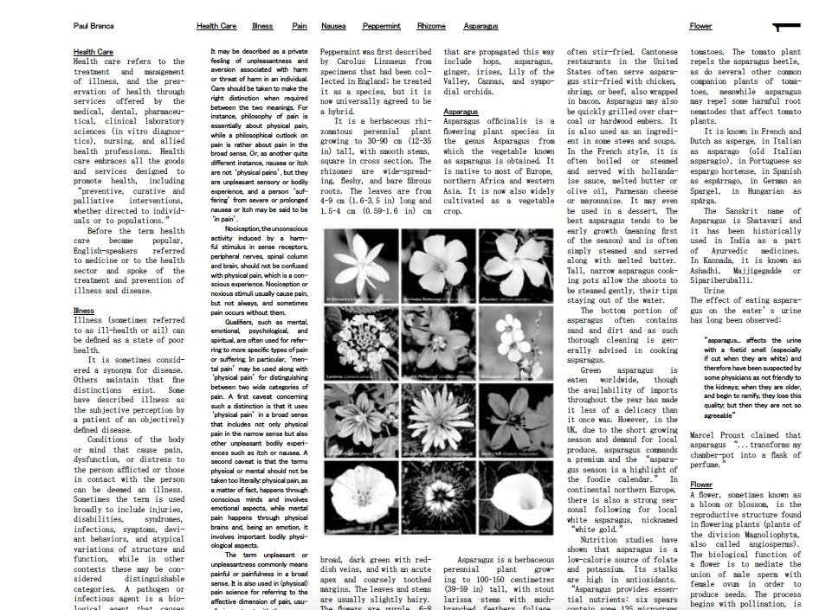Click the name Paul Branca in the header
[93, 27]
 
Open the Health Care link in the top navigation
[216, 27]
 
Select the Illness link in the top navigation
[262, 27]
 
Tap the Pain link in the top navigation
[300, 27]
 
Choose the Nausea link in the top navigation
[333, 27]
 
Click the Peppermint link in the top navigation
[381, 27]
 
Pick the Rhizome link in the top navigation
[431, 27]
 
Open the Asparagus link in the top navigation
[480, 27]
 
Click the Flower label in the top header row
[700, 27]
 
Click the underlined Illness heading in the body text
[84, 311]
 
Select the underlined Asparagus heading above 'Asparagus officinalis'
[461, 112]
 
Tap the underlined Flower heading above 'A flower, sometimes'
[701, 485]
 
